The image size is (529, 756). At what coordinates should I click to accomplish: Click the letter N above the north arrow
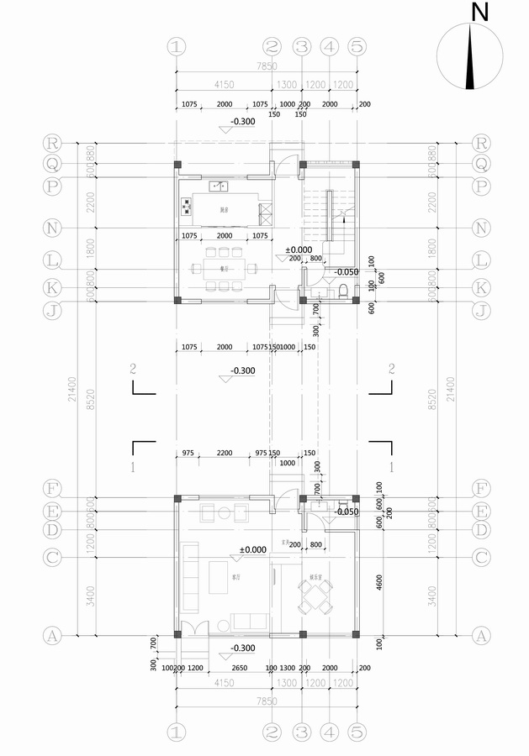tap(480, 13)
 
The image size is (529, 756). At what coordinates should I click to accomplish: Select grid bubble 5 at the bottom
tap(357, 732)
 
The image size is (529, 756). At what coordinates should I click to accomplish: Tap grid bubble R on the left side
tap(52, 144)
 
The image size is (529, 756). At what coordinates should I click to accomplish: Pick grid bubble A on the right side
tap(481, 636)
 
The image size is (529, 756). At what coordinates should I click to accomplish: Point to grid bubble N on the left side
tap(52, 228)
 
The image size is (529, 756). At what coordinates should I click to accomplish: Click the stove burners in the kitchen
tap(185, 206)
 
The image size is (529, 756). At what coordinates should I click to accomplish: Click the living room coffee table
tap(219, 577)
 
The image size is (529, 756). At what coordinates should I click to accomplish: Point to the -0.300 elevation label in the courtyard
tap(243, 370)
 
